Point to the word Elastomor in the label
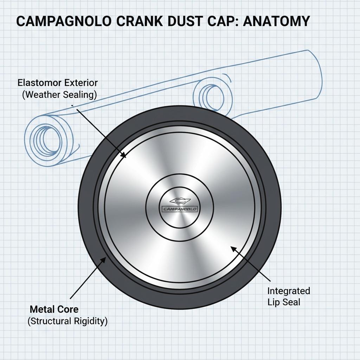point(40,83)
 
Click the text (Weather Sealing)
point(59,95)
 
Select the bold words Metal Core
point(54,309)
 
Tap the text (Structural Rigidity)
point(67,321)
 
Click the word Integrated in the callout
point(289,291)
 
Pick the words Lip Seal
point(284,302)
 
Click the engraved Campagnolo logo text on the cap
point(179,209)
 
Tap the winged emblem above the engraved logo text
point(179,201)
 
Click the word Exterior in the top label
point(81,83)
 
